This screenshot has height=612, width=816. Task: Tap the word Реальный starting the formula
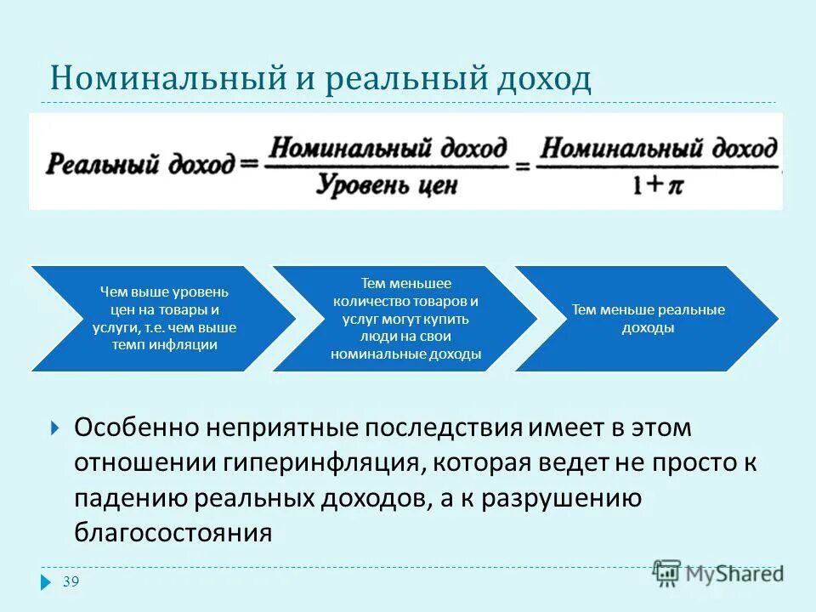(x=90, y=163)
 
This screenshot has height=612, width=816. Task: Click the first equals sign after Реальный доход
(x=248, y=164)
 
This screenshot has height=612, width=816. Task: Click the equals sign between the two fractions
(x=522, y=165)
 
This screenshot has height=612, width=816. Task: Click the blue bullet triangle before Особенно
(x=55, y=428)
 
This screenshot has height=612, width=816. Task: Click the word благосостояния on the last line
(x=173, y=533)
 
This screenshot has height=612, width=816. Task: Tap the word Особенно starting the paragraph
(x=135, y=428)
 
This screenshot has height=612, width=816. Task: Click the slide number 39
(x=71, y=581)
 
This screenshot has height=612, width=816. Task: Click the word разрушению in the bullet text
(x=560, y=498)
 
